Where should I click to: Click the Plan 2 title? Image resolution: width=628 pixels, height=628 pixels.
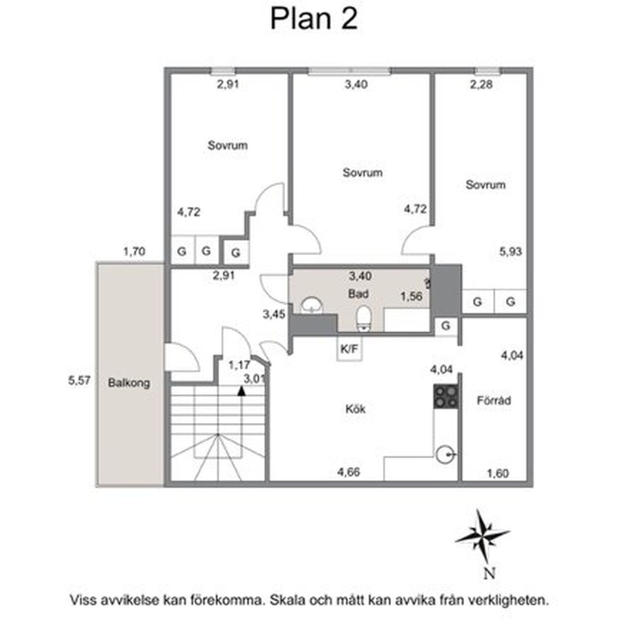(314, 19)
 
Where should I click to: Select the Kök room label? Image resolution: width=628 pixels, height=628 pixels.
(355, 409)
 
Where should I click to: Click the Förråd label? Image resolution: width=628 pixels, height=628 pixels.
(494, 400)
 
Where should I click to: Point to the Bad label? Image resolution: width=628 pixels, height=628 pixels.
(358, 294)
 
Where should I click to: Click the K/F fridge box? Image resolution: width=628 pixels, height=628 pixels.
(349, 349)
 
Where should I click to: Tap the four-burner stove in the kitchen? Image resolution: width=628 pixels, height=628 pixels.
(446, 397)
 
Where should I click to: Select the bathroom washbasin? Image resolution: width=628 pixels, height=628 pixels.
(311, 305)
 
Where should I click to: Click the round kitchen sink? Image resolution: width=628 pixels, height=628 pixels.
(445, 454)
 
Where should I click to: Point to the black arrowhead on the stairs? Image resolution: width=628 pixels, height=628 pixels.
(241, 391)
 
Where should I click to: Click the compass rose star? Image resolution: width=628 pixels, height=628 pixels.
(482, 536)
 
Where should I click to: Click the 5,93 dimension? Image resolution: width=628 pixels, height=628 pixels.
(511, 252)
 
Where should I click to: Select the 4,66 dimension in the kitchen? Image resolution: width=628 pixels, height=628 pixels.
(349, 472)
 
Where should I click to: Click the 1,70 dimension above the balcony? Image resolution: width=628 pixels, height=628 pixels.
(134, 252)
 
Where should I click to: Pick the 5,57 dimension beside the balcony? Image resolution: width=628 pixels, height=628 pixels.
(79, 380)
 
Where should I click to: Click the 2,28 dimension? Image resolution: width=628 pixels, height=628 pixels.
(481, 85)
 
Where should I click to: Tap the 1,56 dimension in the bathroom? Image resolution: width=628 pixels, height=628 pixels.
(412, 297)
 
